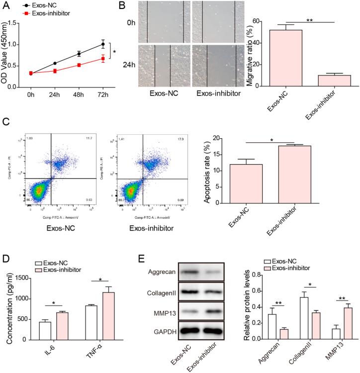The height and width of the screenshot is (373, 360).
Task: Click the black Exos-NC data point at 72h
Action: pos(103,44)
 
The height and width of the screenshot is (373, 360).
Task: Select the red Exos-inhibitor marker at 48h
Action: pos(79,65)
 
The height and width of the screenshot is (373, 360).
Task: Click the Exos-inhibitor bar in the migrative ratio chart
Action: pos(327,81)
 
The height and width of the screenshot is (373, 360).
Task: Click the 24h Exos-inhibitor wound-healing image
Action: pos(217,66)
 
